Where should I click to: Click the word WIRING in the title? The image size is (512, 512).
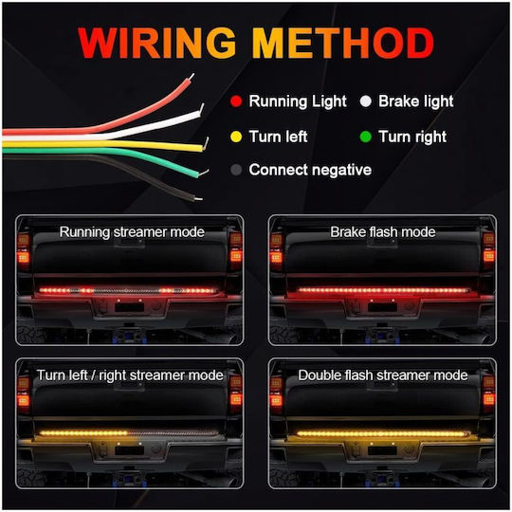point(157,43)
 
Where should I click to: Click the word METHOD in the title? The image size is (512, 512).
point(343,43)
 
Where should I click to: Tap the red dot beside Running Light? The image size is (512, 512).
point(236,101)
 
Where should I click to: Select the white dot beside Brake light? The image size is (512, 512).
point(366,101)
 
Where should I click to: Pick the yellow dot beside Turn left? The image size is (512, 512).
point(236,137)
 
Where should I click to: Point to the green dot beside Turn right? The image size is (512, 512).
point(366,137)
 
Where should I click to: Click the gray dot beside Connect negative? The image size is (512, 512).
point(236,170)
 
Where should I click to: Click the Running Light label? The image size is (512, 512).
point(298,101)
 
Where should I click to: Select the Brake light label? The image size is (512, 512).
point(415,101)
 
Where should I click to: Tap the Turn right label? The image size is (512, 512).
point(412,137)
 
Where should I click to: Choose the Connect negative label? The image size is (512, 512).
point(310,170)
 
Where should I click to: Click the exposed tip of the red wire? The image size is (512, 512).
point(192,77)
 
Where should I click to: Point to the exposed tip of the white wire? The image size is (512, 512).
point(202,108)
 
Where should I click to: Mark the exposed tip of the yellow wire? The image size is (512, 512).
point(206,144)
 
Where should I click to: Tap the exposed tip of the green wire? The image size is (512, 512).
point(204,172)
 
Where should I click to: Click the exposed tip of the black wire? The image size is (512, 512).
point(198,198)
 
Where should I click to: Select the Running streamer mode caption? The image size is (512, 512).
point(132,232)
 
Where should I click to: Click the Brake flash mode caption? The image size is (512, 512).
point(383,232)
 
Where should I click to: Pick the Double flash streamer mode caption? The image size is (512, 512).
point(383,375)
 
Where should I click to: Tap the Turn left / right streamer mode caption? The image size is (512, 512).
point(130,375)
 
